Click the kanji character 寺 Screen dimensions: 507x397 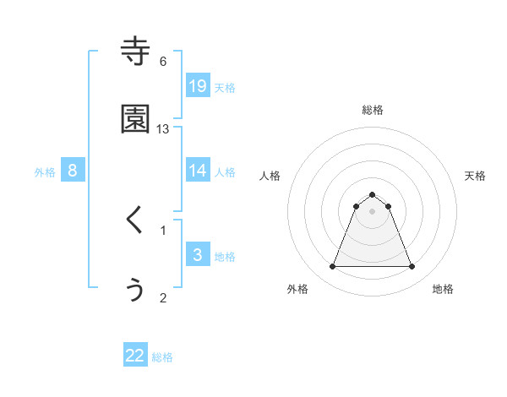135,52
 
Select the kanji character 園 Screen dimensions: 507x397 135,120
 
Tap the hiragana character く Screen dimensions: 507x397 134,220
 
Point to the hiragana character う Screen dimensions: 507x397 135,290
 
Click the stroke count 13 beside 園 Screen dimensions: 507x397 163,128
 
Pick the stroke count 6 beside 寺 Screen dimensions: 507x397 163,61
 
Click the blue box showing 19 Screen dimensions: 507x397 198,85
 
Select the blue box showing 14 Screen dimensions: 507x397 198,171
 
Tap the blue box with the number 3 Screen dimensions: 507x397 198,255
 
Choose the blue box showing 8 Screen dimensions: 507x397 73,171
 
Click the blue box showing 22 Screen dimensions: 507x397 135,356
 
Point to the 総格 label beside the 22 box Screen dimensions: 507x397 162,357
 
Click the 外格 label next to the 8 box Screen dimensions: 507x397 45,171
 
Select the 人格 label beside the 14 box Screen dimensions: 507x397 225,171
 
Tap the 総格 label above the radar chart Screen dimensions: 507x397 373,110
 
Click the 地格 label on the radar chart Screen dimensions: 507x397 443,290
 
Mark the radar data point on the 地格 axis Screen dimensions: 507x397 412,267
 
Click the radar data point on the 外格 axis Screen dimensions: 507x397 332,267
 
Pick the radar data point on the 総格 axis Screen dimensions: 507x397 372,194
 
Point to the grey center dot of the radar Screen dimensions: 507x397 372,210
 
